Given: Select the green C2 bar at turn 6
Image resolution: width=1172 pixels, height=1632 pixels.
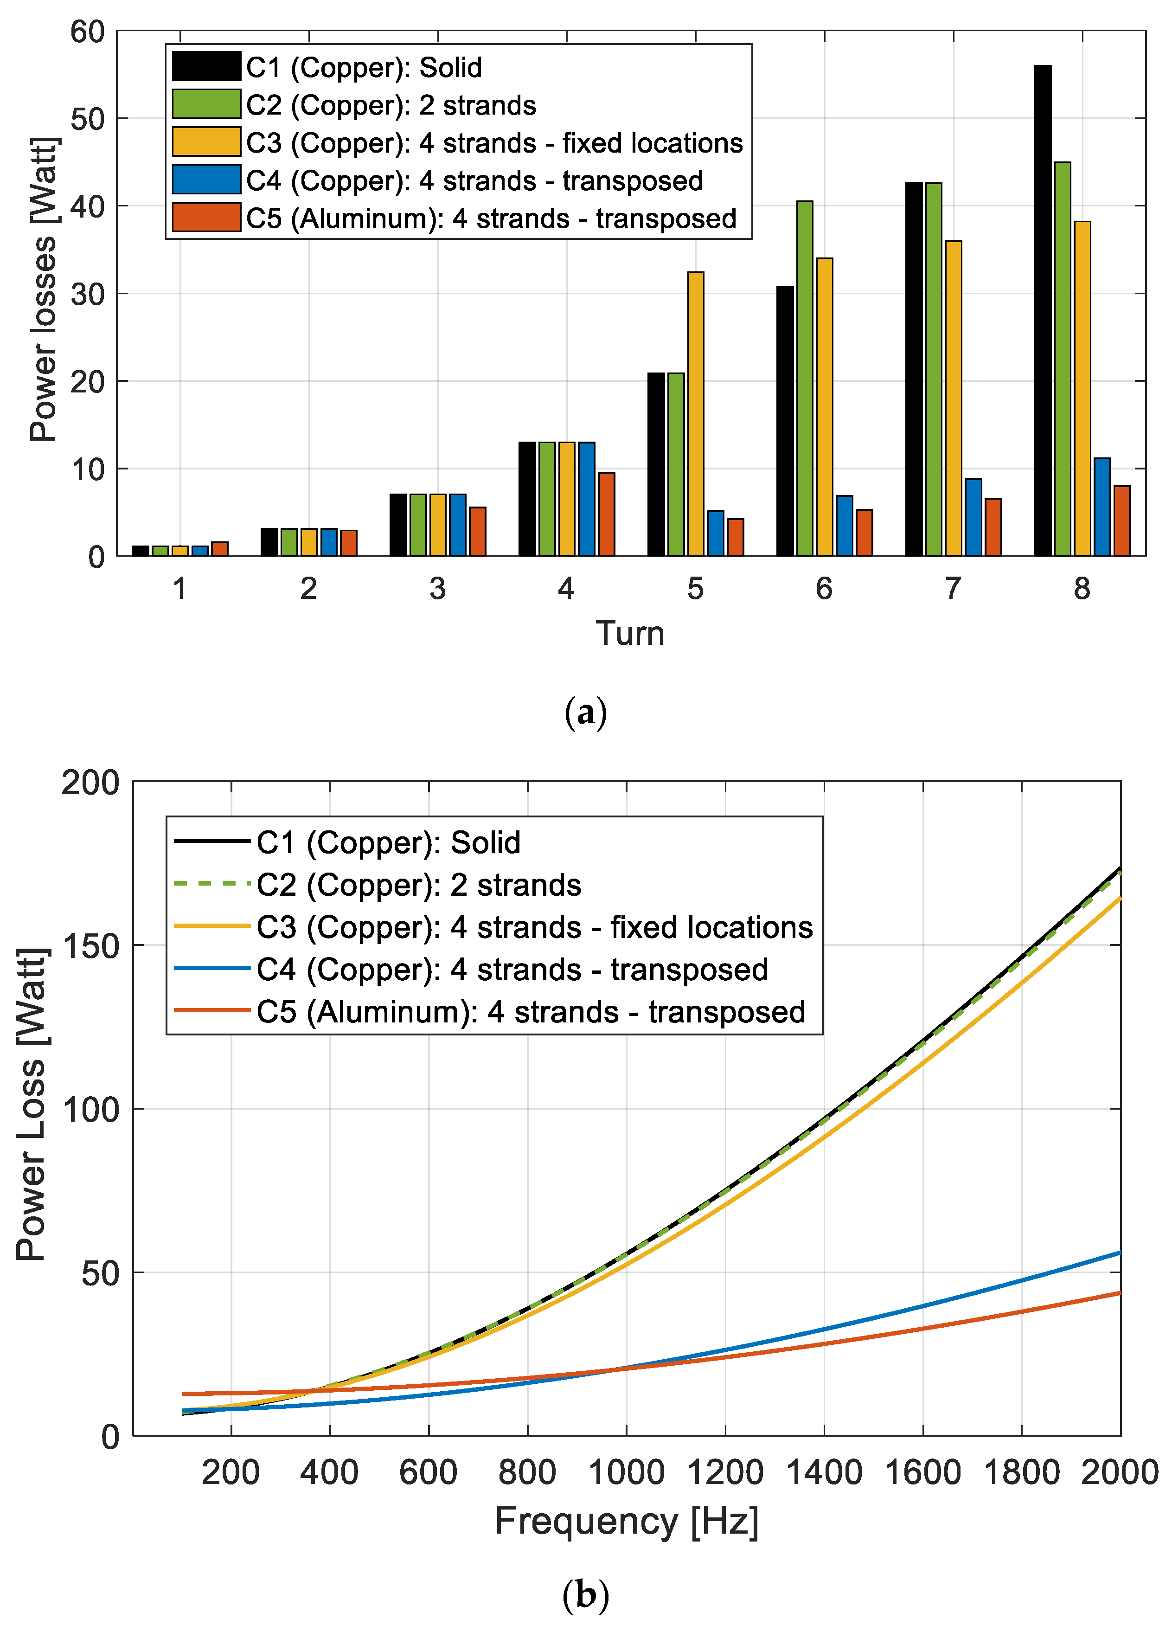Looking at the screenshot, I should coord(804,378).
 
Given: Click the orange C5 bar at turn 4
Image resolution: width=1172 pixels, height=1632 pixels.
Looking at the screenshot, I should coord(606,514).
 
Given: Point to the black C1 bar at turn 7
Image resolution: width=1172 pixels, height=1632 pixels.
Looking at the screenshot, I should coord(913,368).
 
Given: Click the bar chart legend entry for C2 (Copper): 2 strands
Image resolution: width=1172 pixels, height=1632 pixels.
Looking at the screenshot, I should coord(391,105).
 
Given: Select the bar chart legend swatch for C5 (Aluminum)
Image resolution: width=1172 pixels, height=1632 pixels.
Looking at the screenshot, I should coord(206,218).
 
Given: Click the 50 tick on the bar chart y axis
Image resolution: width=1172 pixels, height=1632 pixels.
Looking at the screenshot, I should coord(88,119).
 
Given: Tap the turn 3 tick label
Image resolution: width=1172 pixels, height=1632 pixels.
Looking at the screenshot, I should coord(437,589).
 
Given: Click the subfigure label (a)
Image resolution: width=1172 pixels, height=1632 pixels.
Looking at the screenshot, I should coord(586,713).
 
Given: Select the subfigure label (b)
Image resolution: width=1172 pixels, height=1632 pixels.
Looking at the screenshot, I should coord(586,1594).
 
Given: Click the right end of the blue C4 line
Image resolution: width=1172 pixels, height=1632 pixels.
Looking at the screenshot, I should coord(1118,1253).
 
